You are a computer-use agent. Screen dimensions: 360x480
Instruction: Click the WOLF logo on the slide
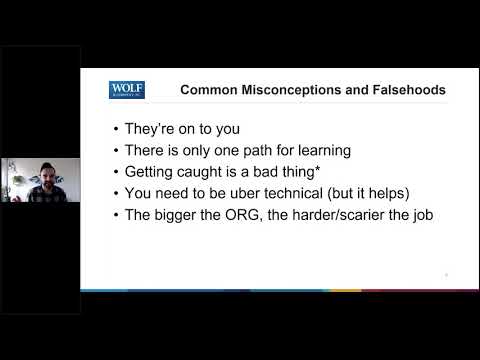[127, 90]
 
